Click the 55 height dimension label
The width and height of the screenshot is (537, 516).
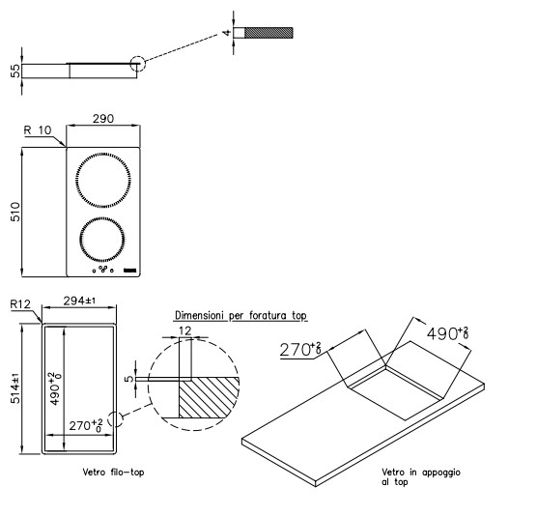pyautogui.click(x=15, y=72)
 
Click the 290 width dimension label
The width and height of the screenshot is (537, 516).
pyautogui.click(x=103, y=119)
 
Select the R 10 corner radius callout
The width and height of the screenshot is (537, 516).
pyautogui.click(x=38, y=130)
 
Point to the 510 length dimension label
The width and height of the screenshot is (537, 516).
pyautogui.click(x=15, y=212)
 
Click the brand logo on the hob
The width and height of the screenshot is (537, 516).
pyautogui.click(x=130, y=271)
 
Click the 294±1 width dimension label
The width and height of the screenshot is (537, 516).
pyautogui.click(x=79, y=301)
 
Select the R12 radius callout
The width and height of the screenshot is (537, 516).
pyautogui.click(x=20, y=304)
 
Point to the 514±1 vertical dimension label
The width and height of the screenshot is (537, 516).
pyautogui.click(x=15, y=388)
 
